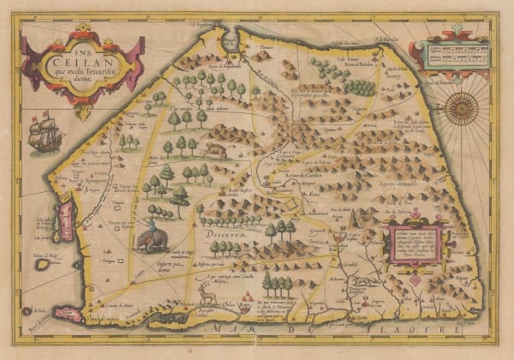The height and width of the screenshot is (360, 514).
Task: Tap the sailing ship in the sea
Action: point(45,134)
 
